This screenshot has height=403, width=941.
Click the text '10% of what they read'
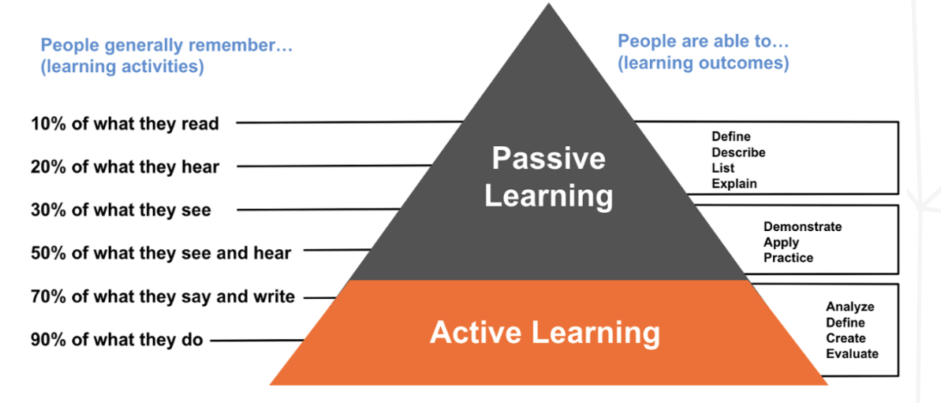pos(125,124)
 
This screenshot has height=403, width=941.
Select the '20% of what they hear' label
pos(125,167)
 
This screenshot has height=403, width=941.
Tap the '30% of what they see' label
pos(121,210)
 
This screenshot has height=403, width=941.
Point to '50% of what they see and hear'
pos(160,253)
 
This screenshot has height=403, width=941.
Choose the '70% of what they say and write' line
pos(162,297)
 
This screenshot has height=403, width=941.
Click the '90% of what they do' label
pos(117,339)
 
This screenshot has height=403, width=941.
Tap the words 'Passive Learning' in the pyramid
pos(549,177)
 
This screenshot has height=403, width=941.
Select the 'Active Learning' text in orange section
pos(545,332)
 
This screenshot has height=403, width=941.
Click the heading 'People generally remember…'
pos(166,45)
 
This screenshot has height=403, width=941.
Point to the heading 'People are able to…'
pos(703,41)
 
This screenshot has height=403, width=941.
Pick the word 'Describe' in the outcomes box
pos(738,152)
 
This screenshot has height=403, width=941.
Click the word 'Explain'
pos(734,184)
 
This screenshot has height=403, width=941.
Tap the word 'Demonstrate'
pos(802,227)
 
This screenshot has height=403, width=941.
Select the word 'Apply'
pos(781,242)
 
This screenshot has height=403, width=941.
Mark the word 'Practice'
pos(788,258)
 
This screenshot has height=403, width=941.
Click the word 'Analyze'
pos(850,307)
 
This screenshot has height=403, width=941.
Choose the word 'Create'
pos(846,338)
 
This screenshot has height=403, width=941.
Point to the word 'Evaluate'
pos(852,354)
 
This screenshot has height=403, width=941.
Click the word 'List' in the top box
pos(723,168)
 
